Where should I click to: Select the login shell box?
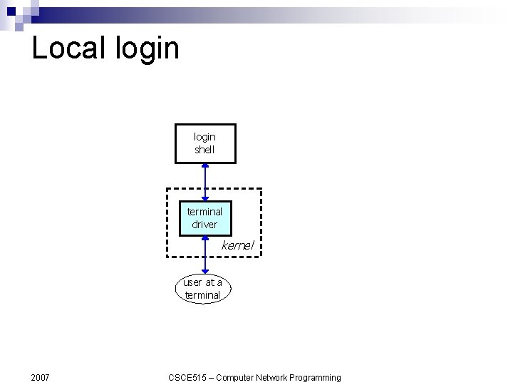205,143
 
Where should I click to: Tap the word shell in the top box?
204,150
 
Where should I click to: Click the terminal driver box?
204,218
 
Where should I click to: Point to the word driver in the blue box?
204,225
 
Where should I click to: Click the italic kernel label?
237,245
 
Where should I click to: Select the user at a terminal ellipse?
203,289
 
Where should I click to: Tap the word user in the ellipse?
192,282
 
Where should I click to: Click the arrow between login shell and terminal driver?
205,181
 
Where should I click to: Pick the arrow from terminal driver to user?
205,253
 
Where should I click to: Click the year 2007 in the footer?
41,377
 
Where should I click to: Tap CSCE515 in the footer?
187,377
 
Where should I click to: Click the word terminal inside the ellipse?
202,295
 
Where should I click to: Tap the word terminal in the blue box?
204,212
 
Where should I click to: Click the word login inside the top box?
204,137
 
